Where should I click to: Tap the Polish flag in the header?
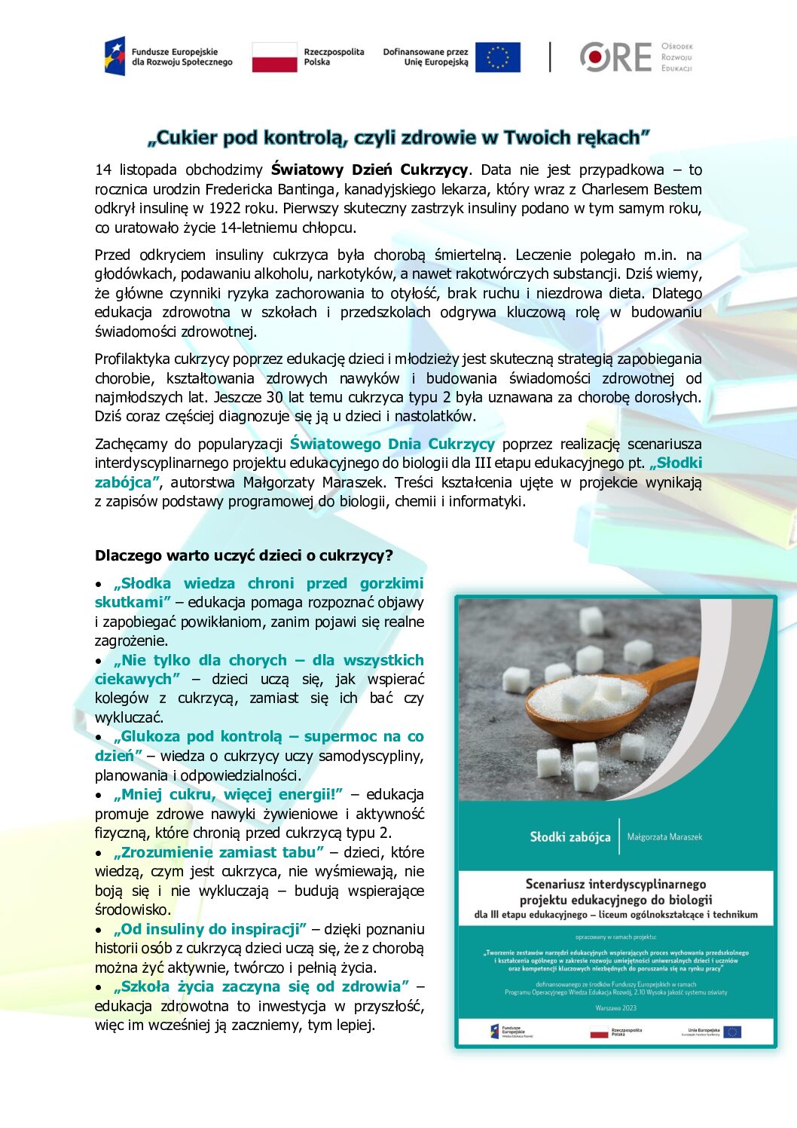(274, 57)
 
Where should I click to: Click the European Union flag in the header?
(497, 57)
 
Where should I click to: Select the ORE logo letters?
(615, 57)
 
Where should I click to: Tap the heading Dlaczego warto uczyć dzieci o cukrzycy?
(244, 556)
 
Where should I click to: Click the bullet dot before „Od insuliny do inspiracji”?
(99, 930)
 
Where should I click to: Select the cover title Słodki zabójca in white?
(570, 837)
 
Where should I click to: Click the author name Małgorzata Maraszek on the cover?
(664, 837)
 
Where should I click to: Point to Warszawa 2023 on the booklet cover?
(615, 1007)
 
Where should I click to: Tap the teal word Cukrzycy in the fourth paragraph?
(461, 444)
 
